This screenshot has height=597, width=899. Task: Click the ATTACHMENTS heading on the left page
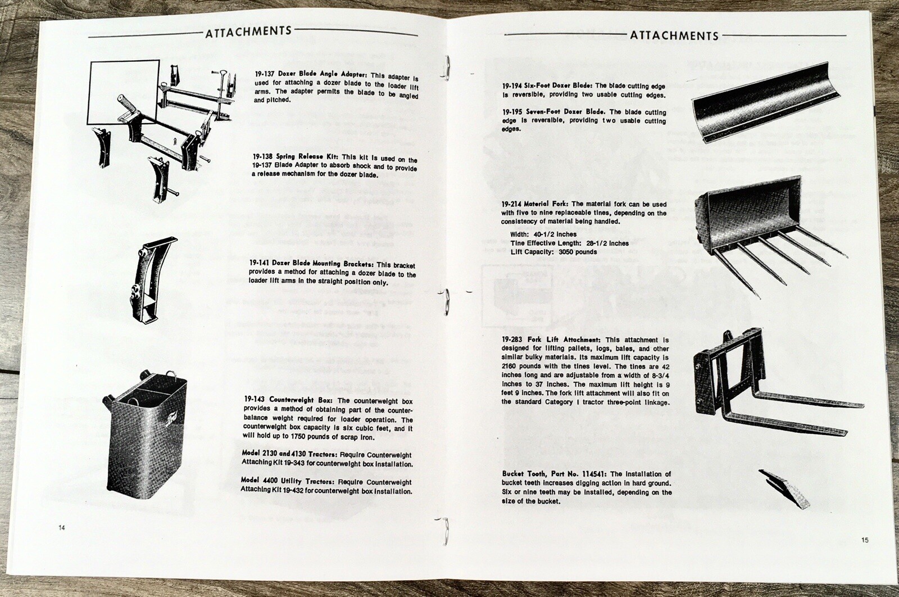pyautogui.click(x=248, y=31)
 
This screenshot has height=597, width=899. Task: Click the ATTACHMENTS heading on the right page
pyautogui.click(x=674, y=36)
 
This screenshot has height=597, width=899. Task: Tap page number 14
pyautogui.click(x=61, y=527)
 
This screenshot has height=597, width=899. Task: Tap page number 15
pyautogui.click(x=864, y=540)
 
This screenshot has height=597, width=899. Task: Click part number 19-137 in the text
pyautogui.click(x=264, y=74)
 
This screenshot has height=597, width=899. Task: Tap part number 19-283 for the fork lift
pyautogui.click(x=514, y=340)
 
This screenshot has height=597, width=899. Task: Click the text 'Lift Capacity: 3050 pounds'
pyautogui.click(x=553, y=252)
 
